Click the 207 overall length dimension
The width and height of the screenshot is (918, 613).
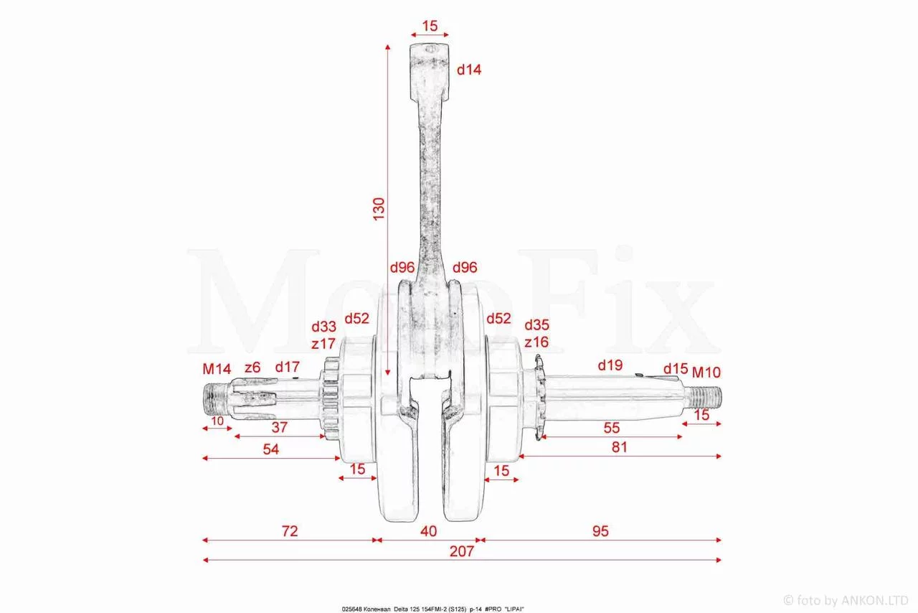click(461, 551)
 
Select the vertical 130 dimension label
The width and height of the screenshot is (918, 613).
click(379, 209)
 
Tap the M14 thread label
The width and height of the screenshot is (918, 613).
click(217, 369)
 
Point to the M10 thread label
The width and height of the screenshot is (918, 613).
click(706, 372)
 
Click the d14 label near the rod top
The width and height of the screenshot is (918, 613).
click(469, 70)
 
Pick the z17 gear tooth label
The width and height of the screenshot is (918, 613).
click(323, 343)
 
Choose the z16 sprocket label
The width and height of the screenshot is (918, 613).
click(536, 342)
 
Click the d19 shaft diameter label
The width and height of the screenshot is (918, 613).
click(610, 365)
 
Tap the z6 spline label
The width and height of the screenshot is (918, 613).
click(252, 368)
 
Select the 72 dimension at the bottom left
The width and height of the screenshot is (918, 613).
click(290, 531)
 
